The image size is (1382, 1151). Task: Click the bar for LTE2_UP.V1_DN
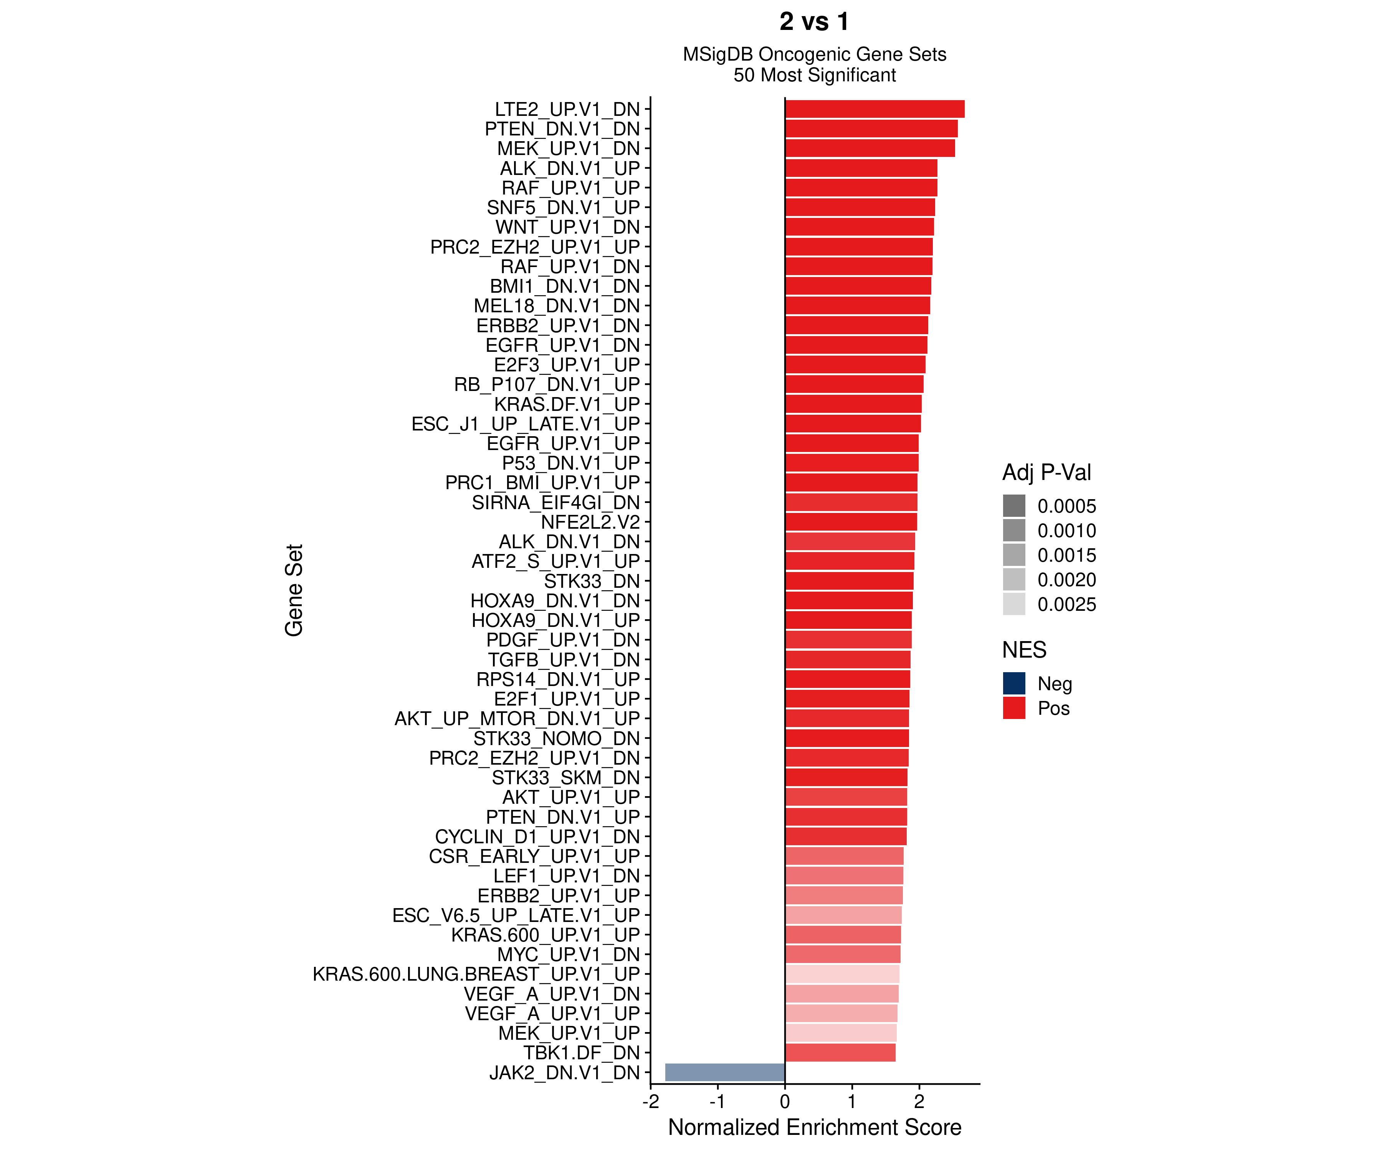[x=874, y=109]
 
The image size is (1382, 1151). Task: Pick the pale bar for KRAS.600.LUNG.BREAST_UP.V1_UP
[x=842, y=974]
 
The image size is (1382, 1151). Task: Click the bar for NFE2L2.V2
[x=850, y=522]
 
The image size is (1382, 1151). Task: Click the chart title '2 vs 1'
[x=814, y=22]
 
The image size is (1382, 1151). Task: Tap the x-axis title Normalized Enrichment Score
[x=814, y=1127]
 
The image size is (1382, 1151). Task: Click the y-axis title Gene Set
[x=294, y=590]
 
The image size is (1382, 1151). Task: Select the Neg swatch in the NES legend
[x=1013, y=683]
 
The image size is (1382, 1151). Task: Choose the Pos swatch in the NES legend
[x=1013, y=708]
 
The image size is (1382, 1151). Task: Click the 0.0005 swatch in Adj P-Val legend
[x=1013, y=506]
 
